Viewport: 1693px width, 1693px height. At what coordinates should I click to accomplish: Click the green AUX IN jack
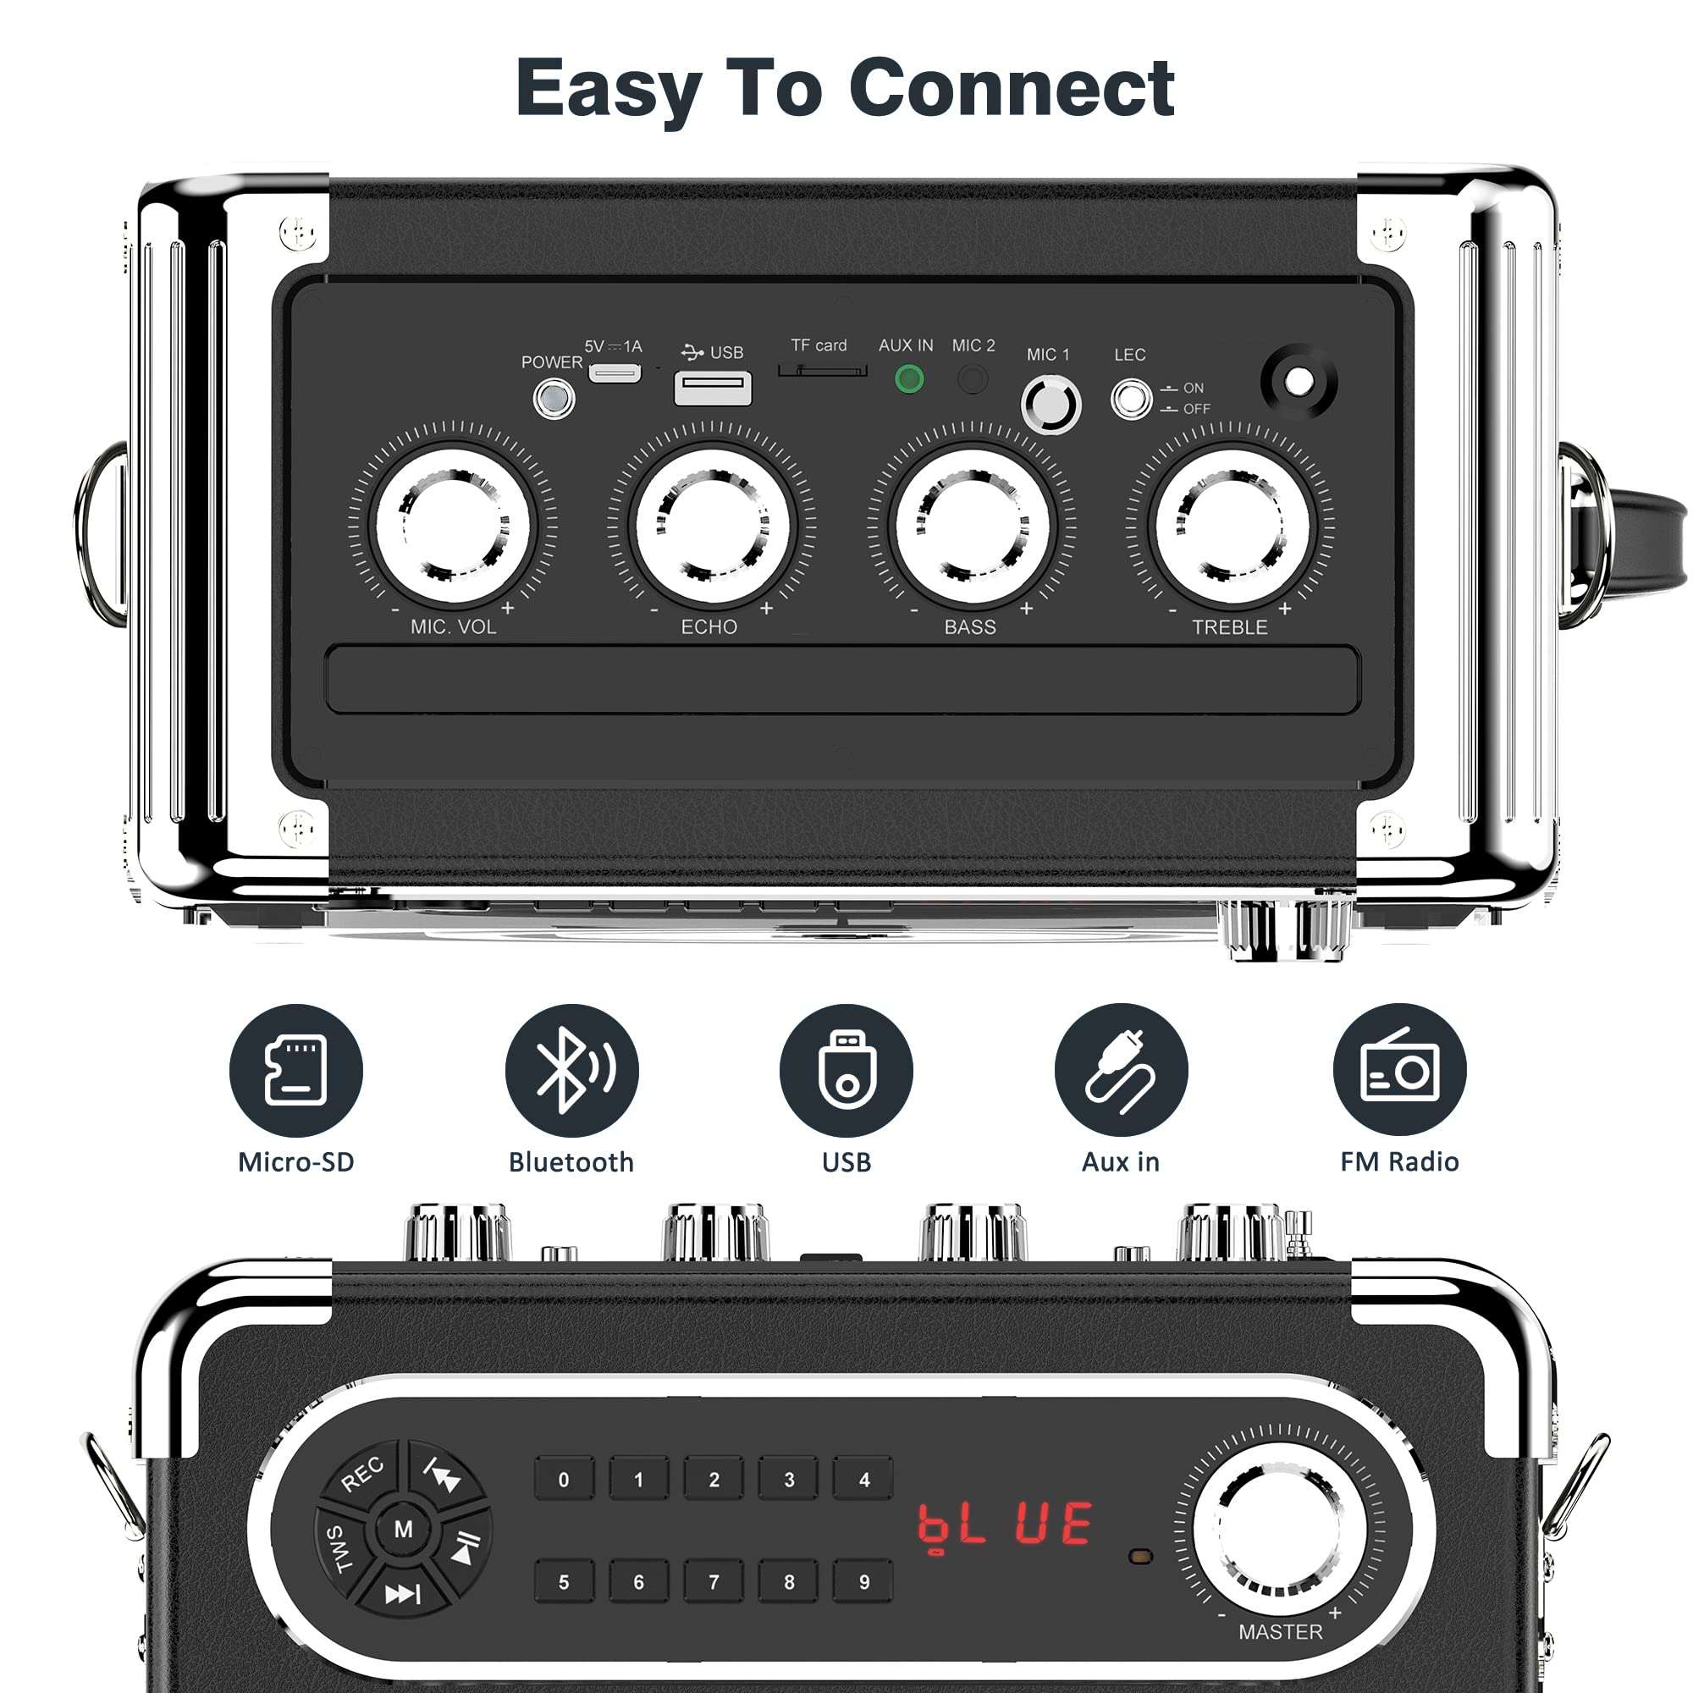(x=908, y=379)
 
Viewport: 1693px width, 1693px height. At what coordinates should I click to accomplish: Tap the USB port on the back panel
(x=712, y=388)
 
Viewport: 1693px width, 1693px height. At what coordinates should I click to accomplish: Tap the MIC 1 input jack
(x=1051, y=404)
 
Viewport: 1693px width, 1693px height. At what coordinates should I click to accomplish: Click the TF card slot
(x=822, y=371)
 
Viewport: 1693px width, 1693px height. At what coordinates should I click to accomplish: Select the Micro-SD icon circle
(x=296, y=1070)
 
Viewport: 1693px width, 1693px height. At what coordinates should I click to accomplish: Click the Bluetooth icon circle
(x=571, y=1070)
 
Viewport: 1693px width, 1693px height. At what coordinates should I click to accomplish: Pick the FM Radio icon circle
(x=1399, y=1070)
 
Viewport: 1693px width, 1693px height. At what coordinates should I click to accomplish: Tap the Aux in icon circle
(x=1121, y=1070)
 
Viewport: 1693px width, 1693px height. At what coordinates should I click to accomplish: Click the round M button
(x=403, y=1553)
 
